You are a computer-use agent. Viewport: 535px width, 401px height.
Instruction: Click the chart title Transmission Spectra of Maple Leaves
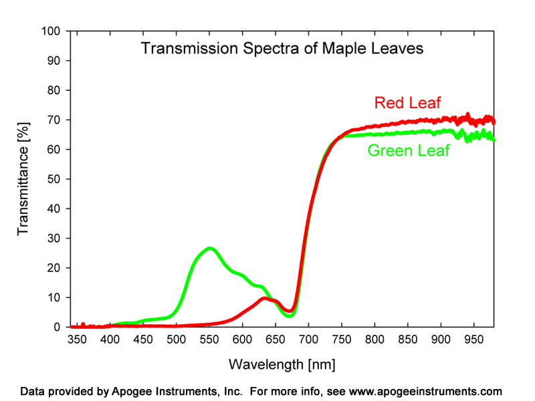[281, 49]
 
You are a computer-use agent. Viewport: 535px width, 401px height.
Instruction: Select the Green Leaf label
[409, 150]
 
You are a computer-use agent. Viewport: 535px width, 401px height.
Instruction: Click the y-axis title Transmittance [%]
[24, 179]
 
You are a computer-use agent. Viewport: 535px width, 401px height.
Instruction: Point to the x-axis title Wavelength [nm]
[282, 364]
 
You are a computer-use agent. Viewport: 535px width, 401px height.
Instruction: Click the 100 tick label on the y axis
[51, 31]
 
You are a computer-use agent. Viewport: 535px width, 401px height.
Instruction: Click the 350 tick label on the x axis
[77, 340]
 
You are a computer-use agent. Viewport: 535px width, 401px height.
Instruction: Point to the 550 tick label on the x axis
[209, 340]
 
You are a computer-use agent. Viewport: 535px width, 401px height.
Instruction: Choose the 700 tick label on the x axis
[308, 340]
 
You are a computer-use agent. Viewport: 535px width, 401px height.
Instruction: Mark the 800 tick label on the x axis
[374, 340]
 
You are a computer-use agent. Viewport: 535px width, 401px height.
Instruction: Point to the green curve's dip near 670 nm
[289, 315]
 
